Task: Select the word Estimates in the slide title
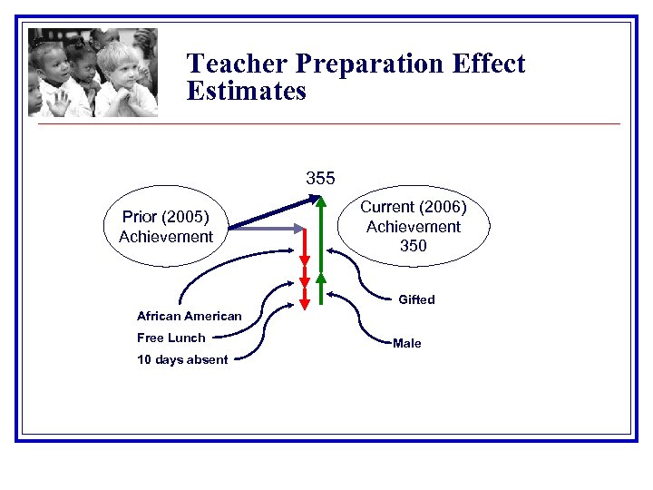pyautogui.click(x=247, y=92)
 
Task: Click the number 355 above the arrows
pyautogui.click(x=320, y=178)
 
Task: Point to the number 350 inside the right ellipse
pyautogui.click(x=413, y=246)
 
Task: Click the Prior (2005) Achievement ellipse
pyautogui.click(x=165, y=227)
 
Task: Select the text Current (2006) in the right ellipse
pyautogui.click(x=414, y=208)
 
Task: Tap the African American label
pyautogui.click(x=189, y=316)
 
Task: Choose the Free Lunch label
pyautogui.click(x=171, y=338)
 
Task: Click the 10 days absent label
pyautogui.click(x=182, y=359)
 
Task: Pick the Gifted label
pyautogui.click(x=416, y=299)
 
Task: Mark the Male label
pyautogui.click(x=406, y=343)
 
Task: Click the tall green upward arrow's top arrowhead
pyautogui.click(x=320, y=203)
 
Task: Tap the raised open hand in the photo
pyautogui.click(x=58, y=101)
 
